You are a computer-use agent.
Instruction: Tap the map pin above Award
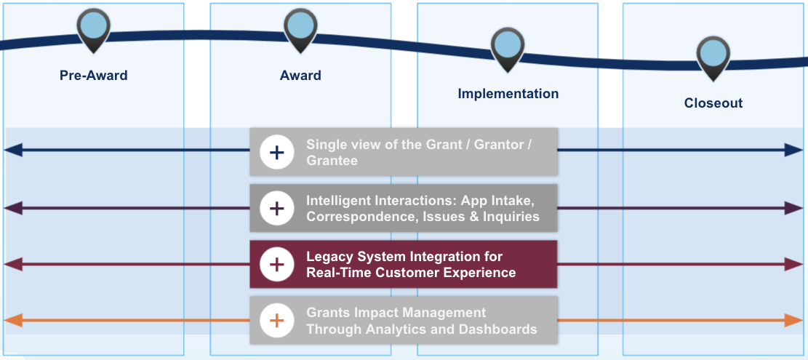pyautogui.click(x=300, y=28)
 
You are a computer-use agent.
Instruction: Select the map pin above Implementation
pyautogui.click(x=507, y=47)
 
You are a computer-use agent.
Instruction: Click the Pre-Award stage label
pyautogui.click(x=94, y=75)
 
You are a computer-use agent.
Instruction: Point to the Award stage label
pyautogui.click(x=300, y=75)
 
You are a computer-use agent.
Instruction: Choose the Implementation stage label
pyautogui.click(x=508, y=94)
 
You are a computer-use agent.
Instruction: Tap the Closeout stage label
pyautogui.click(x=713, y=103)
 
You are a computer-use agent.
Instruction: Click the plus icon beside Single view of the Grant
pyautogui.click(x=276, y=152)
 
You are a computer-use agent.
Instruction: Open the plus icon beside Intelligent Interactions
pyautogui.click(x=276, y=209)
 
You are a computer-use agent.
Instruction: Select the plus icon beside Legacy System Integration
pyautogui.click(x=276, y=264)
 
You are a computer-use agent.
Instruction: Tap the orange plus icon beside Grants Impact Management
pyautogui.click(x=276, y=321)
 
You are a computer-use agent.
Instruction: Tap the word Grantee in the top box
pyautogui.click(x=332, y=161)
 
